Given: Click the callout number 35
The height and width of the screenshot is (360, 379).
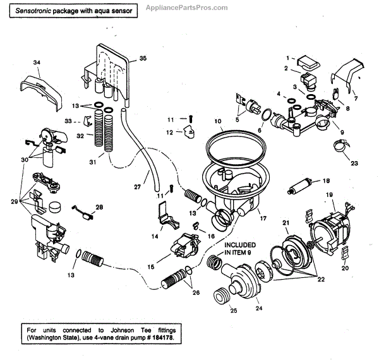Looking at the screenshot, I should [x=142, y=59].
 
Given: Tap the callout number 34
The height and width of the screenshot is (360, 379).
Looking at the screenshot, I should [x=36, y=62].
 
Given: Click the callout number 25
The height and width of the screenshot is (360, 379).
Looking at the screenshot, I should [x=233, y=311].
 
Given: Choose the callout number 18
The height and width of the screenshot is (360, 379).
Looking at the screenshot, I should [x=326, y=180].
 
